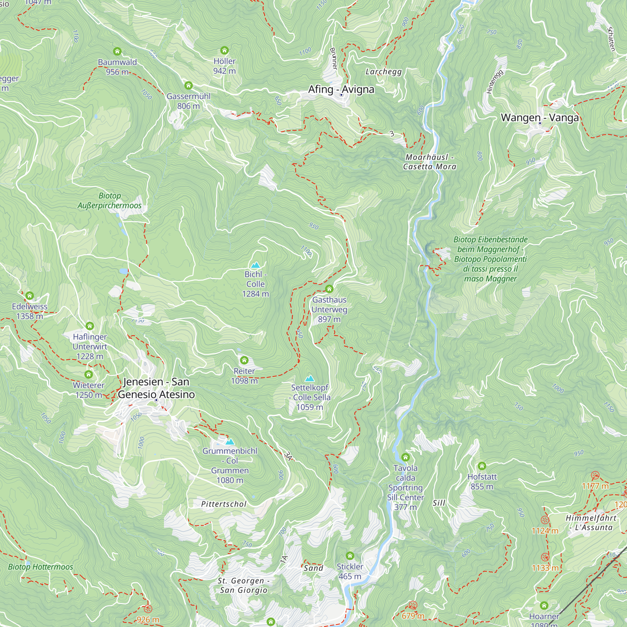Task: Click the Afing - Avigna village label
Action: coord(341,89)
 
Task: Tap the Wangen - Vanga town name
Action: coord(540,118)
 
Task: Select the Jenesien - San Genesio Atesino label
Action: coord(156,388)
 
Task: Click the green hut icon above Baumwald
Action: coord(117,51)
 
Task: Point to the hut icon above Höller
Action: coord(224,50)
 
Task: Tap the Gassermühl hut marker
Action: coord(188,86)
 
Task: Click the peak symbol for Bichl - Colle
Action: coord(256,265)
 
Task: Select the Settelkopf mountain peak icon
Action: coord(310,378)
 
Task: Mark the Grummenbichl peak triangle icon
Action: coord(230,442)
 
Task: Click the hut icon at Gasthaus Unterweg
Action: coord(329,289)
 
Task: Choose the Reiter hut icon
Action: coord(244,360)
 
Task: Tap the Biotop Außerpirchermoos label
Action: coord(109,201)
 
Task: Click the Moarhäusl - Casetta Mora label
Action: coord(429,162)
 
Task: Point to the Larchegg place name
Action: coord(384,72)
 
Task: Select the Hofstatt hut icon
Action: coord(482,466)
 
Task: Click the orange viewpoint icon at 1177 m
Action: coord(595,476)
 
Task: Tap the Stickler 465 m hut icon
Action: coord(350,556)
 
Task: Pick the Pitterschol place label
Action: coord(224,504)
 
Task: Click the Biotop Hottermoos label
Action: coord(40,566)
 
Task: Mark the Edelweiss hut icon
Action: coord(29,296)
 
